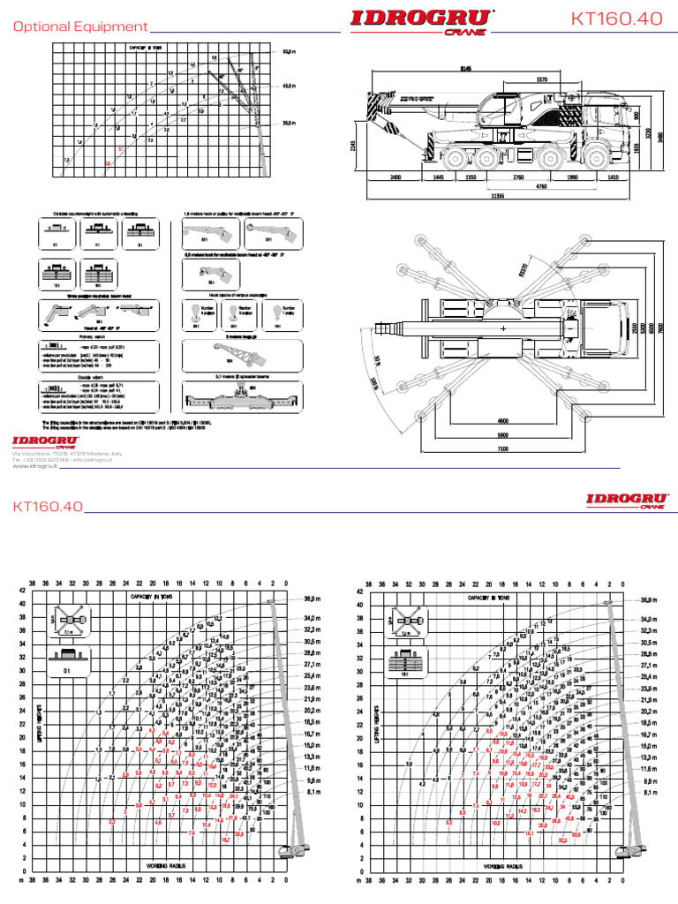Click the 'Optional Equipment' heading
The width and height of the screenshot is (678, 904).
coord(80,27)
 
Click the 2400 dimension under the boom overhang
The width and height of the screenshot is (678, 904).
coord(395,177)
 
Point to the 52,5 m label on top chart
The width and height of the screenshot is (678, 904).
coord(288,52)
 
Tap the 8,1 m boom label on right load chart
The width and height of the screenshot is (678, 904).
coord(649,793)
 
